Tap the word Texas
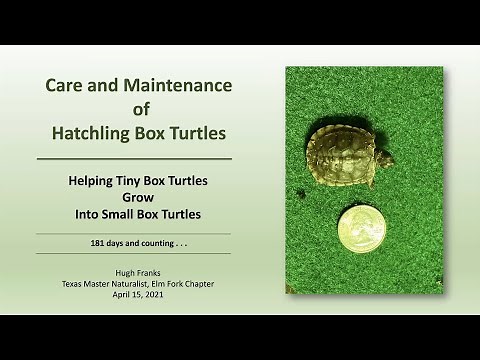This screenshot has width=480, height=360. click(x=72, y=284)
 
